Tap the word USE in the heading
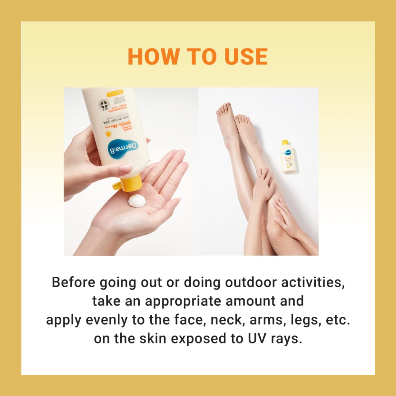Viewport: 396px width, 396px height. tap(243, 56)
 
